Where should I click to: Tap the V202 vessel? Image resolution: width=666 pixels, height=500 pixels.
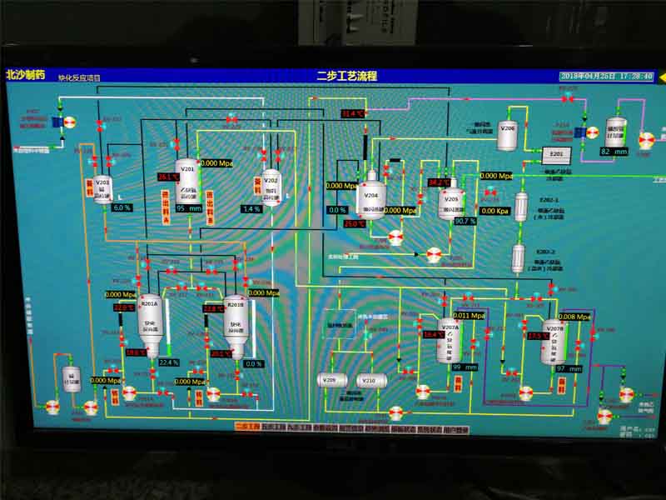[x=271, y=188]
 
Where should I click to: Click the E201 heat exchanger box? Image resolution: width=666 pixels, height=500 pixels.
[x=557, y=154]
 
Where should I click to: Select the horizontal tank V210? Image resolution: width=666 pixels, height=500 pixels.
[x=371, y=381]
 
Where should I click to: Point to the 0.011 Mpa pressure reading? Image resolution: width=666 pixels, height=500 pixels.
[x=470, y=316]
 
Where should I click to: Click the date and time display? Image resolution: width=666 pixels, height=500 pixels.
[x=607, y=76]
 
